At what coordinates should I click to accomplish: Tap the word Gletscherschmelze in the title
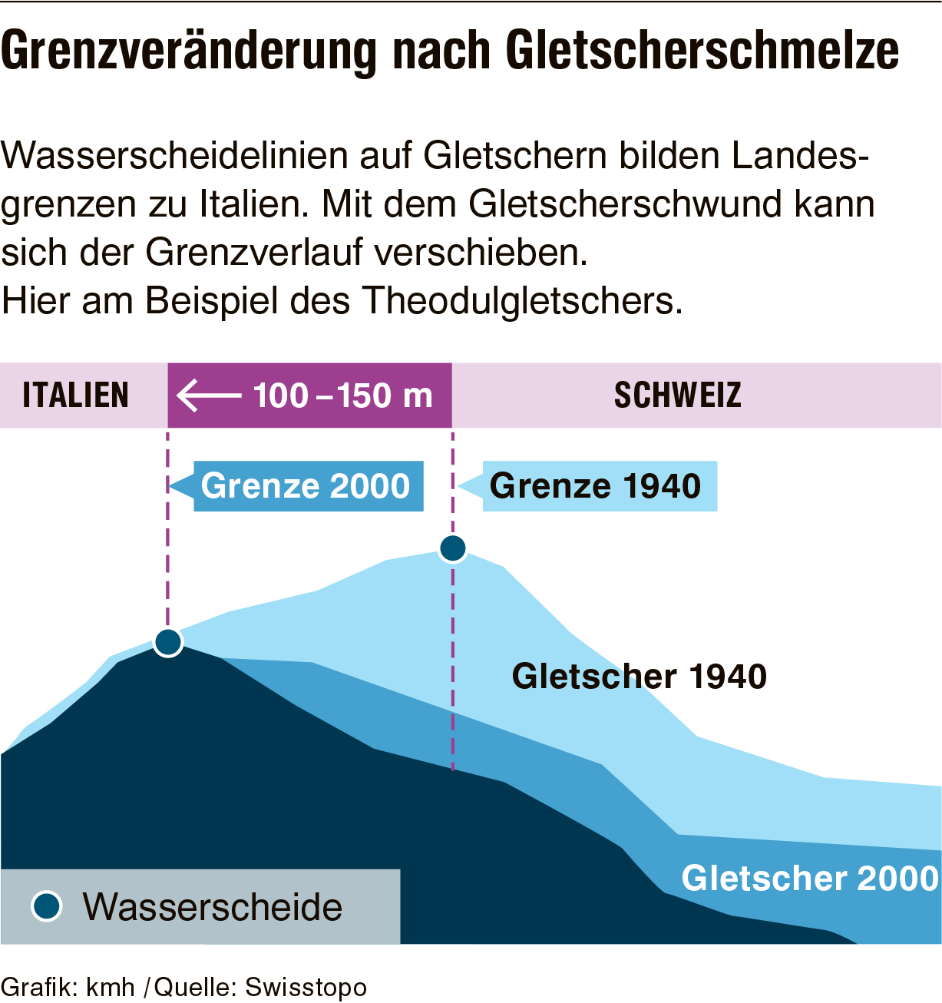click(702, 52)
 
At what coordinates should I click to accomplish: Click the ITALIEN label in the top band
click(75, 396)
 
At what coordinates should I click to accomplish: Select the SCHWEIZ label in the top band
click(678, 396)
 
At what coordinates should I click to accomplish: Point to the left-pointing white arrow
click(208, 396)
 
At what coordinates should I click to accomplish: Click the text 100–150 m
click(343, 396)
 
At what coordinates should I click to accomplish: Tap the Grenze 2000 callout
click(306, 486)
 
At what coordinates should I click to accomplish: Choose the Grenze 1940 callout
click(596, 486)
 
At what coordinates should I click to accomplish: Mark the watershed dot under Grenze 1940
click(453, 548)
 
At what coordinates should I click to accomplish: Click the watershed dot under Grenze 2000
click(167, 641)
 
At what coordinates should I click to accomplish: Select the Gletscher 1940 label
click(640, 677)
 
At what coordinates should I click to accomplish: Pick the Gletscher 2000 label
click(810, 878)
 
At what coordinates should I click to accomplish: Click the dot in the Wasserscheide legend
click(47, 906)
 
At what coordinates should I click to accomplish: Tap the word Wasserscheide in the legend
click(213, 907)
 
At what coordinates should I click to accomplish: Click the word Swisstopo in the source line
click(306, 987)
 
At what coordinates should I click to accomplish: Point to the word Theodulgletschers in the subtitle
click(522, 300)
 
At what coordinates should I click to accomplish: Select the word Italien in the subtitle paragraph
click(249, 204)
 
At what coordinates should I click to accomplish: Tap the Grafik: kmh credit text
click(68, 987)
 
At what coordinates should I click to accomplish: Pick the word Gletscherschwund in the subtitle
click(626, 204)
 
